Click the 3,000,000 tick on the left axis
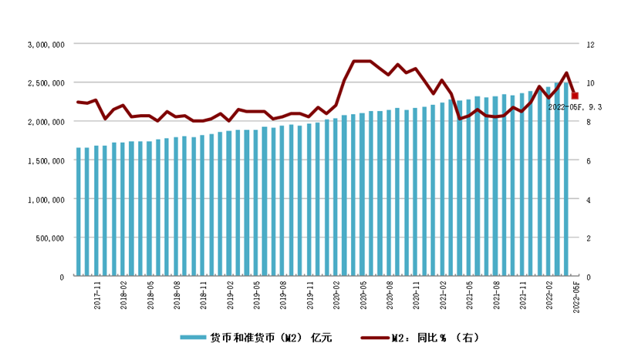coord(46,45)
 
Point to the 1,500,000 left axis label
coord(46,160)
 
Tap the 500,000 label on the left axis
coord(49,237)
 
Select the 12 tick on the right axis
coord(590,45)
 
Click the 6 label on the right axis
coord(588,160)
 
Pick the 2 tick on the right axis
coord(588,237)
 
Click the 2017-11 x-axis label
coord(98,297)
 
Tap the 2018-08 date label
coord(177,297)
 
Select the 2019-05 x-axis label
coord(257,297)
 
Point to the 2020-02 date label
coord(336,297)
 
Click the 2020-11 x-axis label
coord(416,297)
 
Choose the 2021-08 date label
coord(495,297)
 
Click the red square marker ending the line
coord(575,96)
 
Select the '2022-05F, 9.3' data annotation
coord(575,107)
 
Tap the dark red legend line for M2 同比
coord(373,338)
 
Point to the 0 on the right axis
coord(588,276)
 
